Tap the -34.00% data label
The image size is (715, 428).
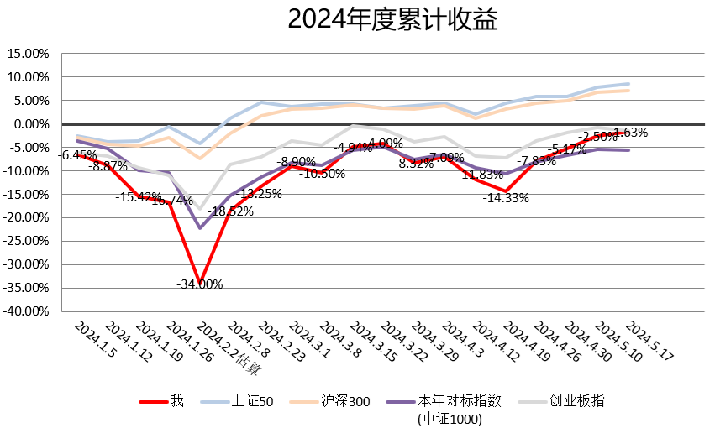click(199, 284)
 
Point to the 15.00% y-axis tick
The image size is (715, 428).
click(29, 54)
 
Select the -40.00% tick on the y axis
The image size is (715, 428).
click(27, 311)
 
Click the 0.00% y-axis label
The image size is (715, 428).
click(31, 124)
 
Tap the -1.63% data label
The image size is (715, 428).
click(630, 132)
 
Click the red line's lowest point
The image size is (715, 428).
click(199, 283)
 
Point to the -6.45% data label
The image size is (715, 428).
click(77, 154)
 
